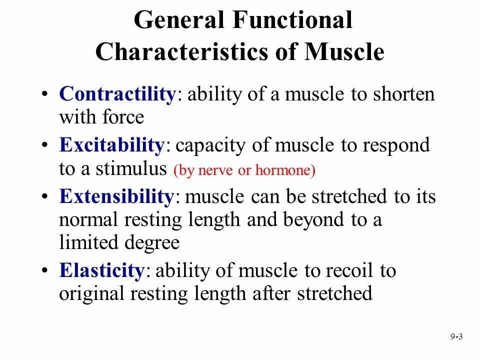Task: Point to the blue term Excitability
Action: click(x=111, y=145)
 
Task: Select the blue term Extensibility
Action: click(x=116, y=196)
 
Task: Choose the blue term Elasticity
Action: click(x=102, y=270)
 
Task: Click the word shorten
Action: click(x=403, y=94)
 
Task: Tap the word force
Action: click(x=123, y=117)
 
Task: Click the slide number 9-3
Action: click(x=456, y=337)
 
